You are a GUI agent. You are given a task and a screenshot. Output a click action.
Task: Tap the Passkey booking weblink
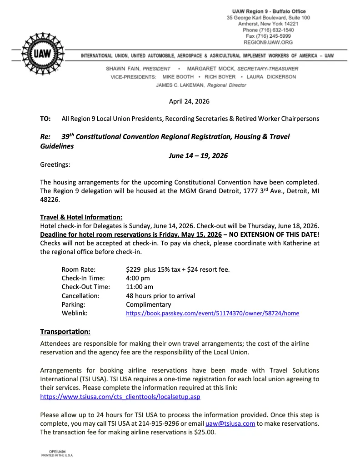(x=212, y=313)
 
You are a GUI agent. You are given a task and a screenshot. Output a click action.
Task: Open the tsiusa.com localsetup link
(x=120, y=396)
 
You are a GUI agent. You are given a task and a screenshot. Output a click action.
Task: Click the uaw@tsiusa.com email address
(x=230, y=423)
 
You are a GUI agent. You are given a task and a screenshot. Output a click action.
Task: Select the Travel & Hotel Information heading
(x=81, y=217)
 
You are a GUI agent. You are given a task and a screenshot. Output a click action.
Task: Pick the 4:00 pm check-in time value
(x=138, y=278)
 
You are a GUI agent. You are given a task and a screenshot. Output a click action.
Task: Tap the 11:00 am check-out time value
(x=140, y=287)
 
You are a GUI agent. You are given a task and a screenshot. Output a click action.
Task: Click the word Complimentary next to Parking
(x=149, y=304)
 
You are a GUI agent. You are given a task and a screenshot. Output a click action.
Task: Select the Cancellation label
(x=80, y=296)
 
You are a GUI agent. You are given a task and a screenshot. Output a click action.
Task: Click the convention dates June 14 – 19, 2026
(x=198, y=156)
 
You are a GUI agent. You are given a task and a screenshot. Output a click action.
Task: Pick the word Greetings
(x=55, y=164)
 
